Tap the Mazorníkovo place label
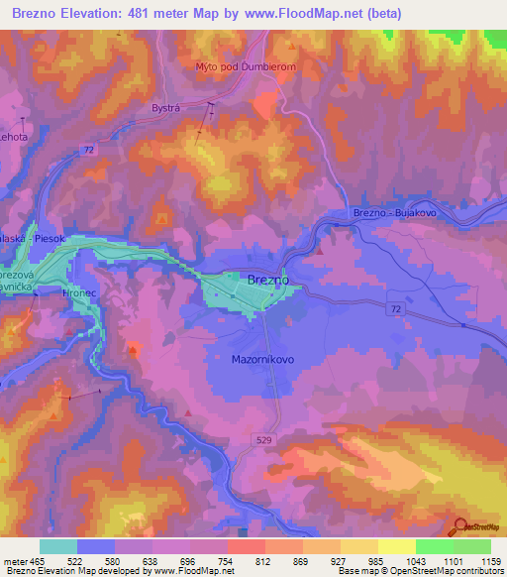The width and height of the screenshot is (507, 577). pyautogui.click(x=262, y=359)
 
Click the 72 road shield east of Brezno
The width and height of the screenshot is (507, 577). pyautogui.click(x=395, y=309)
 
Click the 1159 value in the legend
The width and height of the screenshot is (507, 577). pyautogui.click(x=479, y=561)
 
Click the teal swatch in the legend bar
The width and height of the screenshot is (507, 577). pyautogui.click(x=58, y=546)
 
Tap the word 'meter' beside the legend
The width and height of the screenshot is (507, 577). pyautogui.click(x=18, y=561)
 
